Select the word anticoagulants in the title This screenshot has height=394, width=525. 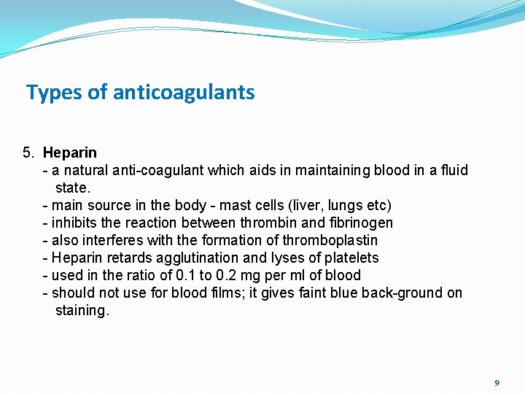click(184, 93)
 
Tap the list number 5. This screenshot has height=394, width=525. click(28, 152)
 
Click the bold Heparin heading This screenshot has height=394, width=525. click(69, 152)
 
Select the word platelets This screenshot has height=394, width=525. click(352, 258)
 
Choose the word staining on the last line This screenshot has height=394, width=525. click(82, 310)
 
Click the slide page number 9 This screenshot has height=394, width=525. click(497, 383)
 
